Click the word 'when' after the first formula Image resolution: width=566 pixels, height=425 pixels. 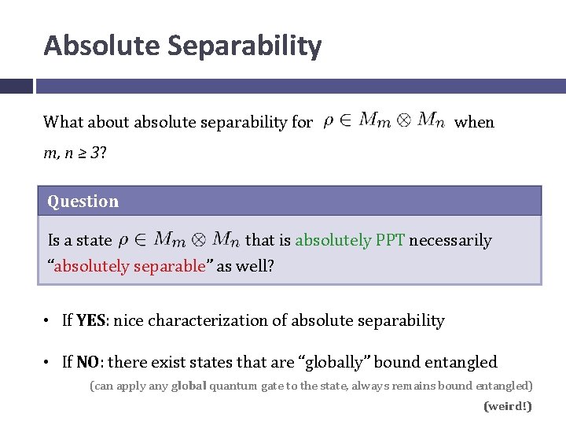tap(475, 121)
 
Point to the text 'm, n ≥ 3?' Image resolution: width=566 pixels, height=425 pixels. tap(75, 152)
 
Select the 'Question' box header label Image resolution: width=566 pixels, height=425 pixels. tap(83, 201)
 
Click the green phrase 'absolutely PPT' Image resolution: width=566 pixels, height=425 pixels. tap(350, 240)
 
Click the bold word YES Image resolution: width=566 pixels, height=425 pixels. tap(91, 320)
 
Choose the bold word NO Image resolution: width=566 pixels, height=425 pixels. tap(88, 362)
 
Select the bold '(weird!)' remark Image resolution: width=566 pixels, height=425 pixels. tap(508, 406)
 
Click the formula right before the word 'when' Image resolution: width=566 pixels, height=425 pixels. tap(384, 120)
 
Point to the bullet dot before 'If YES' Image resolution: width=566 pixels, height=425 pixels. tap(49, 320)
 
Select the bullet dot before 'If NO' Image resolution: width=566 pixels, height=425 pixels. tap(49, 362)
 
